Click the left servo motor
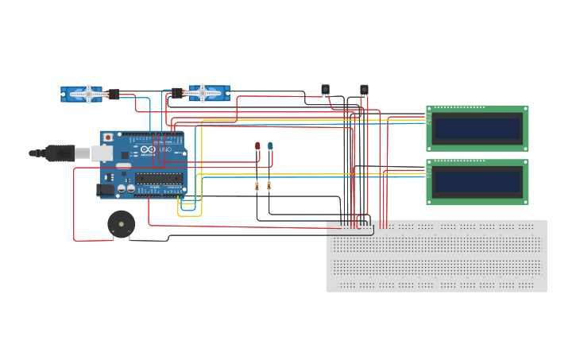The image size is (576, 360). coord(81,94)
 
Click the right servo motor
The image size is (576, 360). coord(208,93)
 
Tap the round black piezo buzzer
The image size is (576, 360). coord(121,224)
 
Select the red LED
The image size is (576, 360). coord(257,145)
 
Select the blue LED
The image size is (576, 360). coord(270,145)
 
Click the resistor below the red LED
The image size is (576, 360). coord(257,186)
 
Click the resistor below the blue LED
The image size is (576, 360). coord(269,186)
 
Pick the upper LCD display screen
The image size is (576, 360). coord(477,128)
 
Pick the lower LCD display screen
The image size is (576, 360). coord(477,182)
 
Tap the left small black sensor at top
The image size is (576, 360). coord(325,89)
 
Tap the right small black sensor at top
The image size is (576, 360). coord(364,89)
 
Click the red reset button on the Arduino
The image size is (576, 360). coord(108,137)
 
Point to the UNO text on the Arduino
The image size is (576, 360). coord(165,149)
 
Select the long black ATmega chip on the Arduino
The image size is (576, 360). coord(158,179)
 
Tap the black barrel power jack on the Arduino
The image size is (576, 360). coord(104,190)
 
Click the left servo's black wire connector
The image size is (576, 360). coord(114,94)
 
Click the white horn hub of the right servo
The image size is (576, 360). coord(202,93)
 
